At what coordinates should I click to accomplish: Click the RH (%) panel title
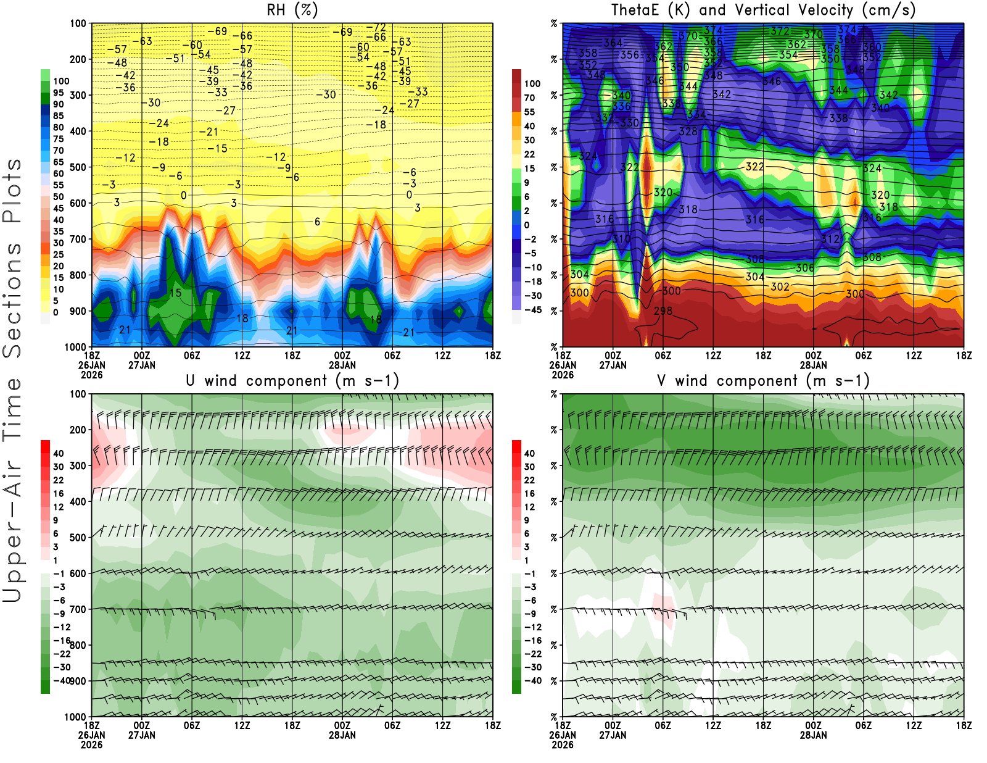coord(292,10)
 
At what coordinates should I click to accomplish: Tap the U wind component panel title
coord(292,380)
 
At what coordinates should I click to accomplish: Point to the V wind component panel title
coord(763,380)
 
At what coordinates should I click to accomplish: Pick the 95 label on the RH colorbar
coord(58,93)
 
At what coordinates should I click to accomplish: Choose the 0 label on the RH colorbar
coord(56,312)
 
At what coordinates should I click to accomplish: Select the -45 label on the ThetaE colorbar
coord(532,310)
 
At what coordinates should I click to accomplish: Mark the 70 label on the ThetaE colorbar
coord(529,98)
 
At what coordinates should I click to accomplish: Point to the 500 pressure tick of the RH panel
coord(78,167)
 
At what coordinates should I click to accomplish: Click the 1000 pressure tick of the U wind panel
coord(75,717)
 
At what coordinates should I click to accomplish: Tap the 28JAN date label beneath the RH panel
coord(342,365)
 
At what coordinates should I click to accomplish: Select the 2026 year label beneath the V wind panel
coord(563,744)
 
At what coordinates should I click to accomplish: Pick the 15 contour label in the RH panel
coord(175,293)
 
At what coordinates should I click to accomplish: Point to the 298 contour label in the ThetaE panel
coord(663,311)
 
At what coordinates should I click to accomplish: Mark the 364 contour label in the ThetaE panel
coord(613,43)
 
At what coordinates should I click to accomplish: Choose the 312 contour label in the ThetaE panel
coord(830,239)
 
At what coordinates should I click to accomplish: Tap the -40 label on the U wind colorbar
coord(62,680)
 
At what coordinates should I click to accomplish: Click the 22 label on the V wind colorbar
coord(529,480)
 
